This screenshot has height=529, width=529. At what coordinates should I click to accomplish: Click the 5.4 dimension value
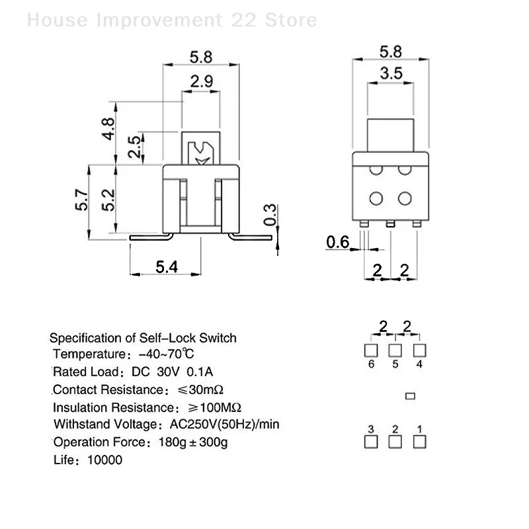[x=167, y=266]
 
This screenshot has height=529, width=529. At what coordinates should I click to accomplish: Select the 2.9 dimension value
[x=201, y=82]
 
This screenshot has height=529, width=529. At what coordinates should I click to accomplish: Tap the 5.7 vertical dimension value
[x=81, y=201]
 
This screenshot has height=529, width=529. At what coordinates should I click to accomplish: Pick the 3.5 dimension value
[x=391, y=73]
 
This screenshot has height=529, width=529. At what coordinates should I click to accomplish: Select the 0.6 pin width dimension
[x=338, y=243]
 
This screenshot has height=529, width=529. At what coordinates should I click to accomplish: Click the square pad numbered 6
[x=371, y=350]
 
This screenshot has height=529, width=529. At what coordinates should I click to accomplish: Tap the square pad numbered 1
[x=419, y=442]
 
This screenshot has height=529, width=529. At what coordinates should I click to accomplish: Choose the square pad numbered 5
[x=395, y=350]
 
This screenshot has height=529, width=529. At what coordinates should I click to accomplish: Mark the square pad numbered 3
[x=371, y=442]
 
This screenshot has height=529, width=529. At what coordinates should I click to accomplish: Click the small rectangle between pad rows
[x=410, y=396]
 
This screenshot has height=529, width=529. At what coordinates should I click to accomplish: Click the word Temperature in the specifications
[x=87, y=354]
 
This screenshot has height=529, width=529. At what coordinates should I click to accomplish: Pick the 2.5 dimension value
[x=134, y=147]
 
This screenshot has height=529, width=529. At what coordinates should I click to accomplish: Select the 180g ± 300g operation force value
[x=193, y=442]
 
